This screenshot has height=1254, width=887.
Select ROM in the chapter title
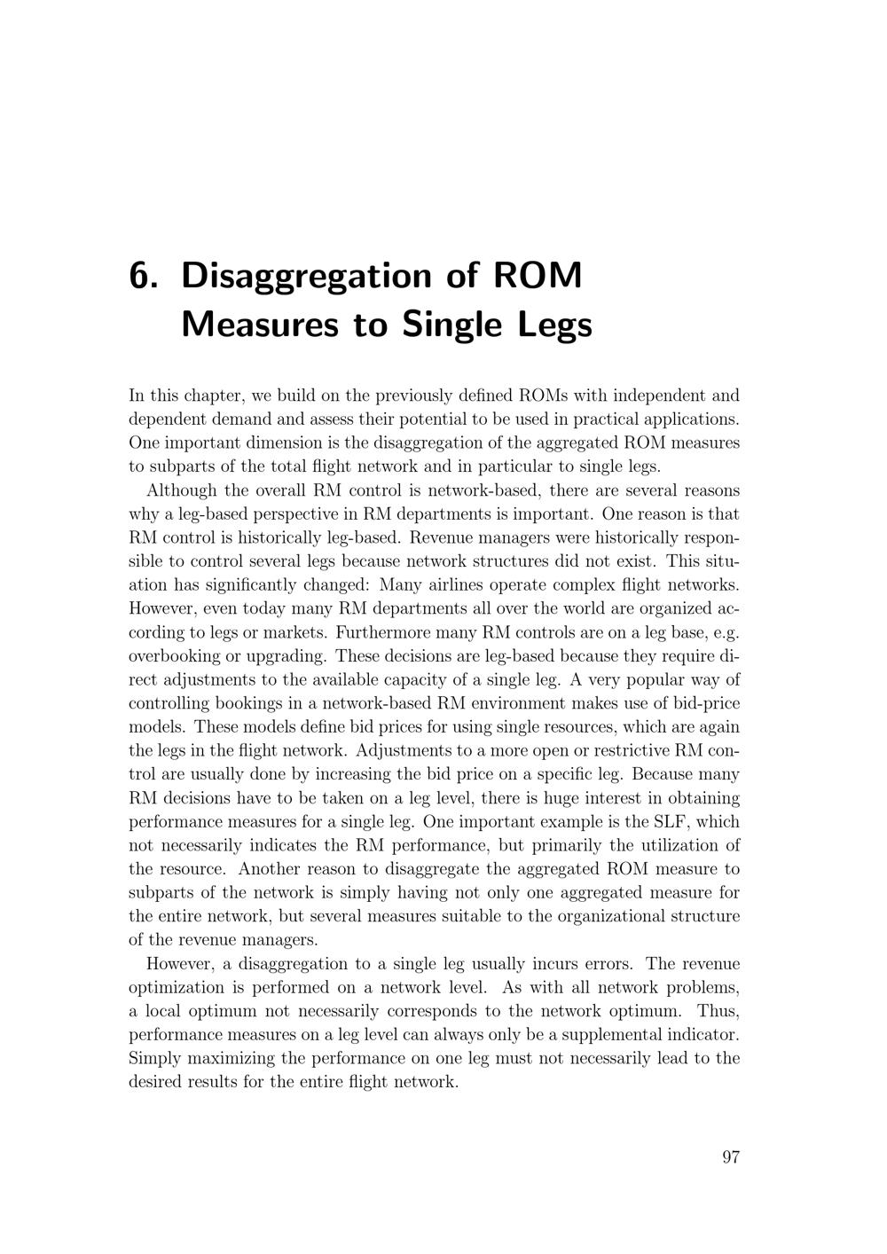point(536,277)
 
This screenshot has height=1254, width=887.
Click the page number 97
point(731,1156)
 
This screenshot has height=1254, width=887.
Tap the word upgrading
point(288,656)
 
